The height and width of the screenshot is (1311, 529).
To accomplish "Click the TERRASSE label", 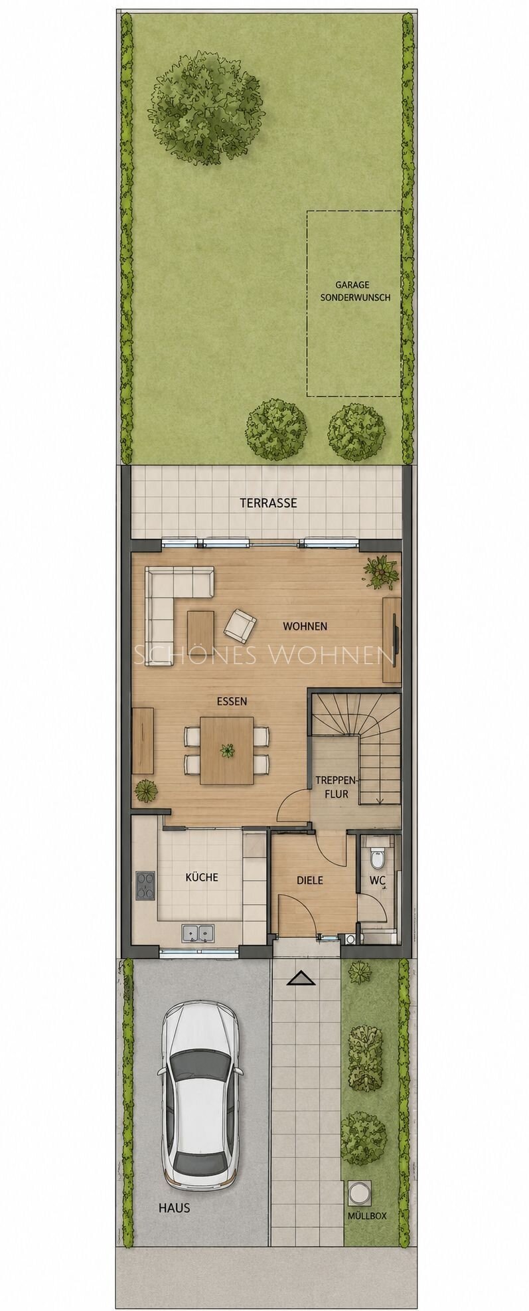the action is (x=268, y=503).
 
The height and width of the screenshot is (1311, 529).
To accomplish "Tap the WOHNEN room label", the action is (x=305, y=626).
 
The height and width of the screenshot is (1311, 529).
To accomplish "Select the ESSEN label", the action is (x=232, y=701).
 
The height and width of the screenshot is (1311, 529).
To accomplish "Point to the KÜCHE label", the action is (x=202, y=877).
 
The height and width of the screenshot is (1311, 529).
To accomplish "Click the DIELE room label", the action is (x=310, y=880).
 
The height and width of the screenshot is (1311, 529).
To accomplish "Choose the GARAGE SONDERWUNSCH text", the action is (x=354, y=292).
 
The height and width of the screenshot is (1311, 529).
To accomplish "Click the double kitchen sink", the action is (x=198, y=933).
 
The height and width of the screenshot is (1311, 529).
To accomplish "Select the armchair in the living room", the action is (x=240, y=624).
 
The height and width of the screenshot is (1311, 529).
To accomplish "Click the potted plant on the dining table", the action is (x=228, y=751).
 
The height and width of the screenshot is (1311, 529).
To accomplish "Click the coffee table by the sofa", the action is (x=200, y=628).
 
